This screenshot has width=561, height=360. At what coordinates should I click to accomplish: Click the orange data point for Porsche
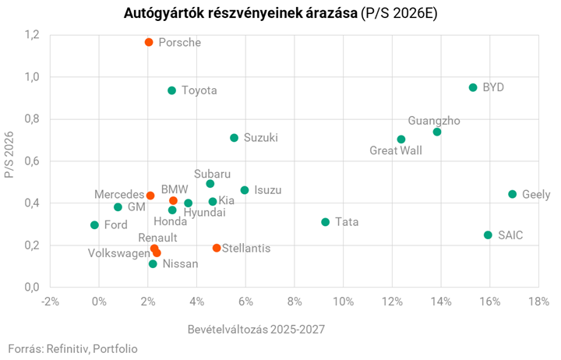pyautogui.click(x=149, y=42)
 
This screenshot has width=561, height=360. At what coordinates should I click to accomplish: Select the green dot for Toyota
pyautogui.click(x=172, y=90)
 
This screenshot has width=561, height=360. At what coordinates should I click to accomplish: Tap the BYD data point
pyautogui.click(x=473, y=87)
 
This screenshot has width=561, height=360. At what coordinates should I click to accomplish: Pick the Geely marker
pyautogui.click(x=512, y=194)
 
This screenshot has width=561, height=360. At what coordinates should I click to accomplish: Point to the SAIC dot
pyautogui.click(x=488, y=235)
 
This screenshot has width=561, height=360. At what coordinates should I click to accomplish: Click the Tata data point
pyautogui.click(x=326, y=222)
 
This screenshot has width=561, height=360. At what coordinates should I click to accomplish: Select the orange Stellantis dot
pyautogui.click(x=217, y=248)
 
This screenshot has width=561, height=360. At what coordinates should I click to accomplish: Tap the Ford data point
pyautogui.click(x=94, y=225)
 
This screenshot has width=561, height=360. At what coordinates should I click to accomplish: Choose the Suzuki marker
pyautogui.click(x=234, y=138)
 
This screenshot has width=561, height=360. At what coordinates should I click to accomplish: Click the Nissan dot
pyautogui.click(x=153, y=264)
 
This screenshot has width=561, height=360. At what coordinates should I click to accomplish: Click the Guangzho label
pyautogui.click(x=434, y=121)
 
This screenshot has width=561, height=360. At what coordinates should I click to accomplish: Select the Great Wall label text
pyautogui.click(x=395, y=150)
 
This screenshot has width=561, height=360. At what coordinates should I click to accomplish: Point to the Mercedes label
pyautogui.click(x=119, y=194)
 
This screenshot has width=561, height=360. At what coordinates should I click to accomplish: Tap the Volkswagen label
pyautogui.click(x=118, y=253)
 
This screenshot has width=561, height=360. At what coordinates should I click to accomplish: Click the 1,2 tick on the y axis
pyautogui.click(x=31, y=35)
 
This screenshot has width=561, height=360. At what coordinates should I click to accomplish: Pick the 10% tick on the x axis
pyautogui.click(x=343, y=302)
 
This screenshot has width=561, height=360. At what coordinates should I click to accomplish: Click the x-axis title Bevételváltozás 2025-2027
pyautogui.click(x=256, y=329)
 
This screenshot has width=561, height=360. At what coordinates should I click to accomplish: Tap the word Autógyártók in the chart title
pyautogui.click(x=161, y=14)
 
